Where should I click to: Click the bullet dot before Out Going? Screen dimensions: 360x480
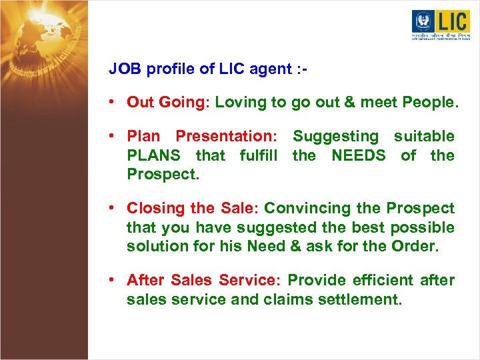[115, 103]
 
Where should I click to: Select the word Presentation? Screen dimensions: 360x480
[226, 136]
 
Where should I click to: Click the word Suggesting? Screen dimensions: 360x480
[335, 136]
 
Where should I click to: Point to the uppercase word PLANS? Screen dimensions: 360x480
[153, 155]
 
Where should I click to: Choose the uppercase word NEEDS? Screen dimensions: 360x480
[359, 155]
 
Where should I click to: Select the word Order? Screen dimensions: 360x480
[415, 245]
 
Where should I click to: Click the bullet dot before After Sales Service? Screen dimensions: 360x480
[115, 281]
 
